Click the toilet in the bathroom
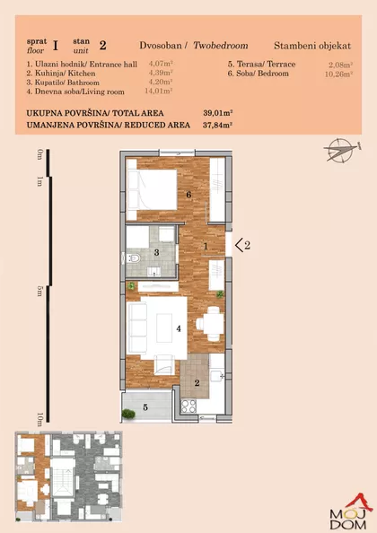133,258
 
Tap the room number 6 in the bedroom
188,195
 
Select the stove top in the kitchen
189,406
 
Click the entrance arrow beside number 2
240,245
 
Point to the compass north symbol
341,149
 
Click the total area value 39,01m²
217,113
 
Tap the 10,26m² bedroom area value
338,74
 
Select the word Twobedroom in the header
221,46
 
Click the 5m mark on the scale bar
39,291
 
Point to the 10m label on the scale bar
39,419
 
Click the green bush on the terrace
128,414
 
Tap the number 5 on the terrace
145,407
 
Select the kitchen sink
216,376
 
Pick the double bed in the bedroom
153,189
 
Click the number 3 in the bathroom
157,252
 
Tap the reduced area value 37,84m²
217,125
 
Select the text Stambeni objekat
312,46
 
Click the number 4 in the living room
179,328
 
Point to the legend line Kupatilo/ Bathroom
63,83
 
